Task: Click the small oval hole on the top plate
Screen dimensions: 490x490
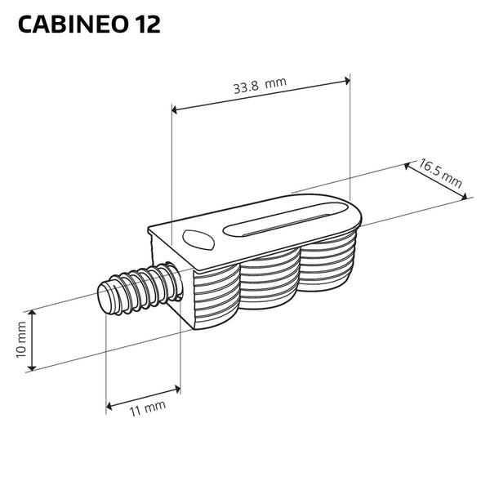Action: tap(198, 240)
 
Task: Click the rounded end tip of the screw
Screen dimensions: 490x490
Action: tap(105, 296)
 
